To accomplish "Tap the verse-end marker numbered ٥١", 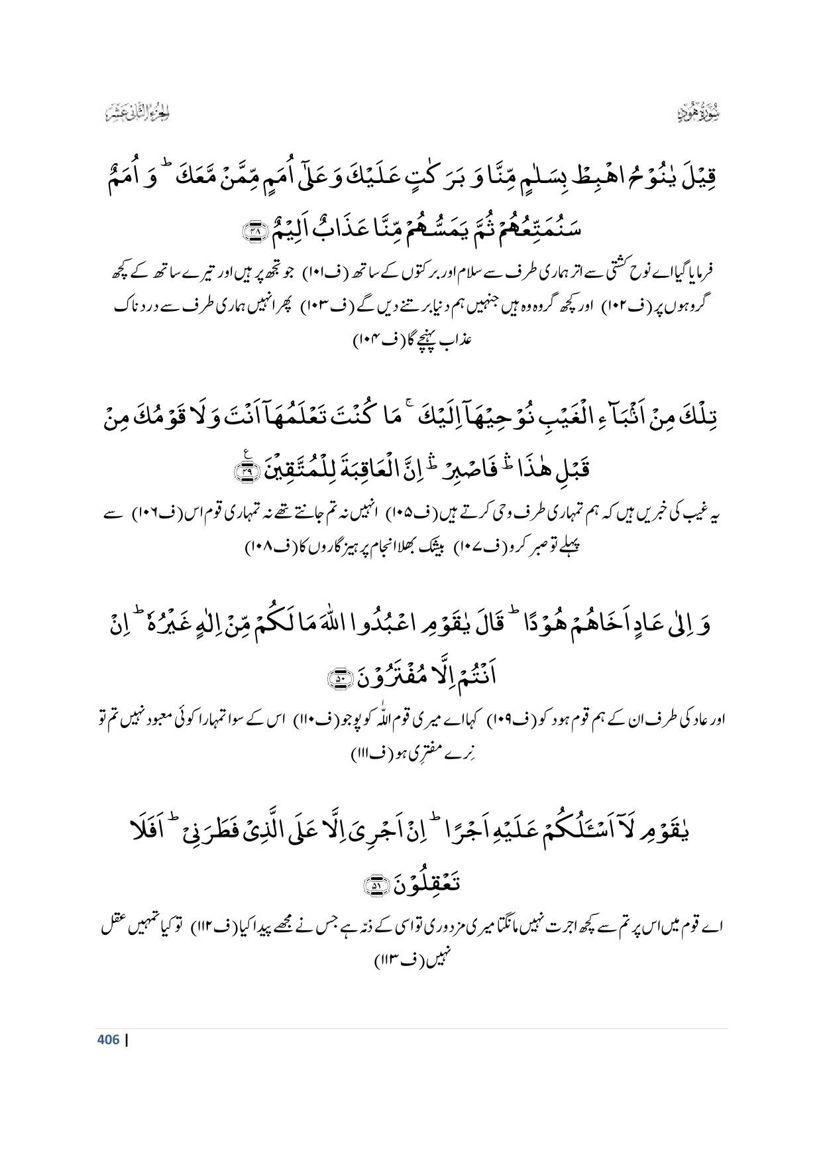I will [x=375, y=884].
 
